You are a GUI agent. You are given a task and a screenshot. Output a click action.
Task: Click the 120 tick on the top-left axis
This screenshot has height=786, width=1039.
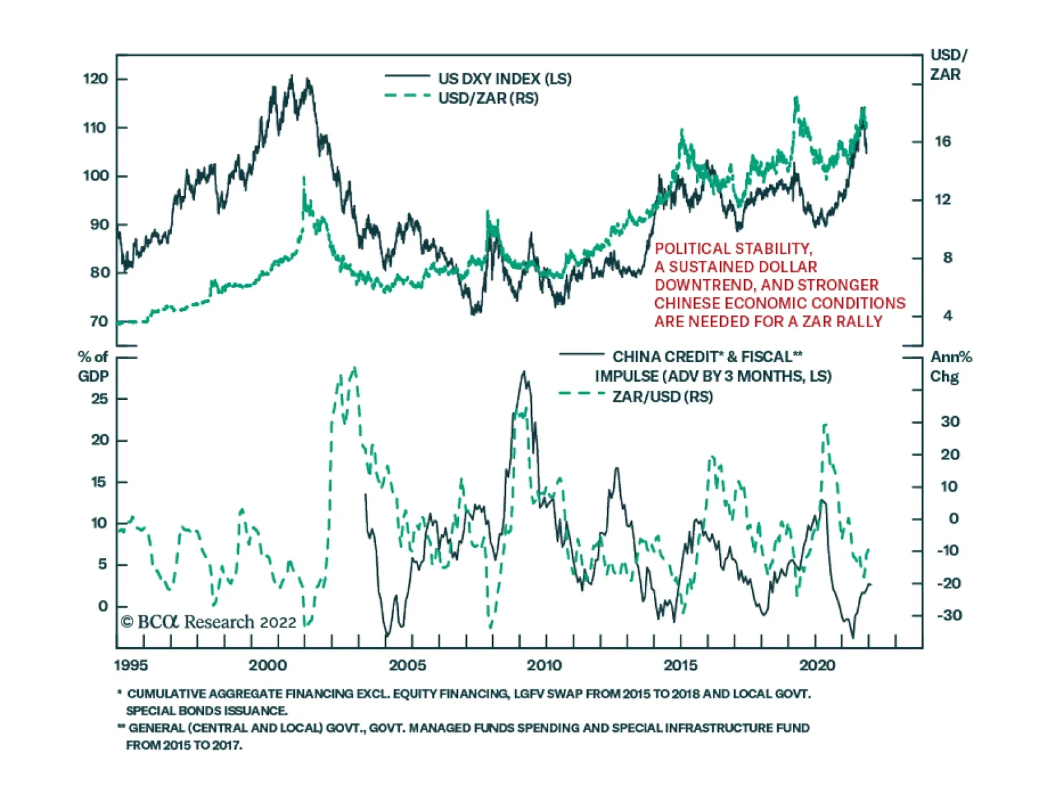95,79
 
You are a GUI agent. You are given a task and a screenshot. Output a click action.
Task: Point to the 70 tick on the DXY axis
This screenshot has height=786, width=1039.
99,321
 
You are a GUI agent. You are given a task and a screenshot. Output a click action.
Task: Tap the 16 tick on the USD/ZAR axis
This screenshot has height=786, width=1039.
943,141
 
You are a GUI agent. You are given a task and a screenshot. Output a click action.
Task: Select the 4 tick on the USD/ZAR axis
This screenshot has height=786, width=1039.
947,316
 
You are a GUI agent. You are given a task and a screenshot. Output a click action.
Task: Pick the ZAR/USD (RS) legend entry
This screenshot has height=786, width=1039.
662,396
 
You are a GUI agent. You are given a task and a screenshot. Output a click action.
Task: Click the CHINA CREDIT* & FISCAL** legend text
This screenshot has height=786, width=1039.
707,357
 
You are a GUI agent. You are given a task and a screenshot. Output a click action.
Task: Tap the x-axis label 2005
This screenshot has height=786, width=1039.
407,665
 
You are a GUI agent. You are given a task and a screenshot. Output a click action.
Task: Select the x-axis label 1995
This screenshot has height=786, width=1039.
131,665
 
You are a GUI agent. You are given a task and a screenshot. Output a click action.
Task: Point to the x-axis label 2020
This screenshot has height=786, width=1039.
817,665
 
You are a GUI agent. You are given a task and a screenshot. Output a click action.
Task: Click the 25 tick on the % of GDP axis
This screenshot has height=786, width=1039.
99,399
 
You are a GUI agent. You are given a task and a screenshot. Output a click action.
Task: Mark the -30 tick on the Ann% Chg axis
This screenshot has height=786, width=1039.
949,615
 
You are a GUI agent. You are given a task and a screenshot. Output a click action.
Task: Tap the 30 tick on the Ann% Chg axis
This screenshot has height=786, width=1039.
950,422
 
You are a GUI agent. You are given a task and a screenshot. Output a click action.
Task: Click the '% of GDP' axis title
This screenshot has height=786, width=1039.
93,366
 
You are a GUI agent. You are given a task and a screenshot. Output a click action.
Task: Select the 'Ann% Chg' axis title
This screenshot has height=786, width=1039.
950,366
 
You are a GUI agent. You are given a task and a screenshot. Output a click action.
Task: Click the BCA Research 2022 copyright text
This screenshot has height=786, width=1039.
208,622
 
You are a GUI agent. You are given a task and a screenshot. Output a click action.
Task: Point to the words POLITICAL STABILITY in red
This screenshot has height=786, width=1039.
733,249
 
